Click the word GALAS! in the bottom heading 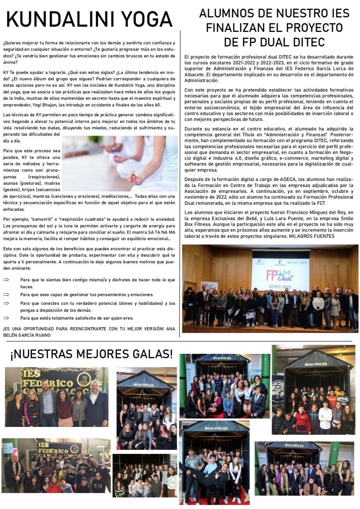pyautogui.click(x=145, y=354)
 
